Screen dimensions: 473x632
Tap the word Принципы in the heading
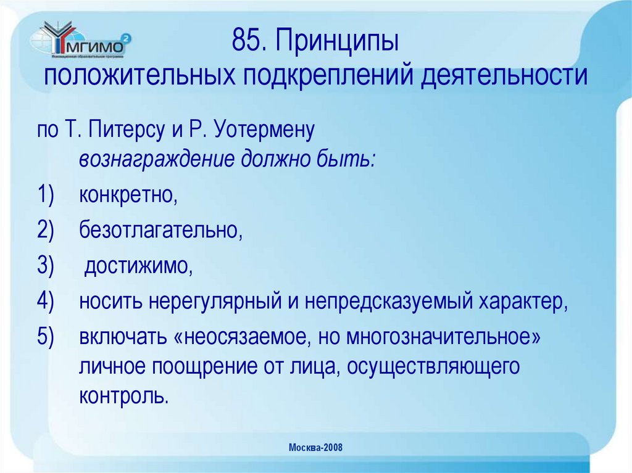(334, 44)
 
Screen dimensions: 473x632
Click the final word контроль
(123, 395)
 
